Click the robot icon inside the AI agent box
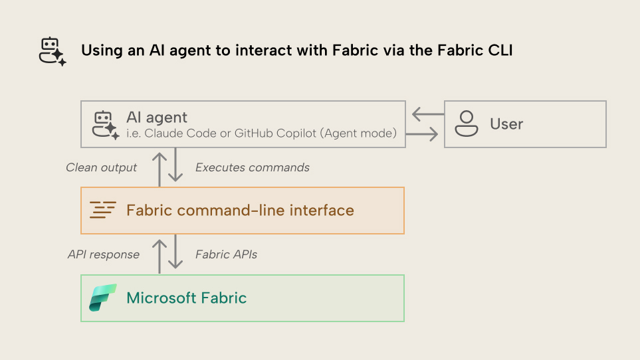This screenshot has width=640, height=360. (x=105, y=124)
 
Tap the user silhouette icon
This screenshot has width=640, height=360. (x=467, y=124)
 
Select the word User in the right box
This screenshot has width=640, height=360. (x=506, y=124)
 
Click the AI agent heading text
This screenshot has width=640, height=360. (x=157, y=118)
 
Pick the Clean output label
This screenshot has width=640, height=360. (x=101, y=168)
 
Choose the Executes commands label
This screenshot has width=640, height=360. (x=253, y=168)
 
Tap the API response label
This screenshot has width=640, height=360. (x=104, y=254)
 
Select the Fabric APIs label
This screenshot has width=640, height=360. (x=226, y=254)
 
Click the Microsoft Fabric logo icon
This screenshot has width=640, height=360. (x=103, y=298)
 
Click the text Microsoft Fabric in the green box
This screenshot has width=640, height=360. (x=187, y=298)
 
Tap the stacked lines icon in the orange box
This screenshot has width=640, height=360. (x=103, y=211)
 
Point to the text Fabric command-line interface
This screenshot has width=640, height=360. (x=240, y=211)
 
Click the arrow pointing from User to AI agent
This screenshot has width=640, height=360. (x=425, y=114)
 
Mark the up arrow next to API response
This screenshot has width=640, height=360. (x=160, y=254)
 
